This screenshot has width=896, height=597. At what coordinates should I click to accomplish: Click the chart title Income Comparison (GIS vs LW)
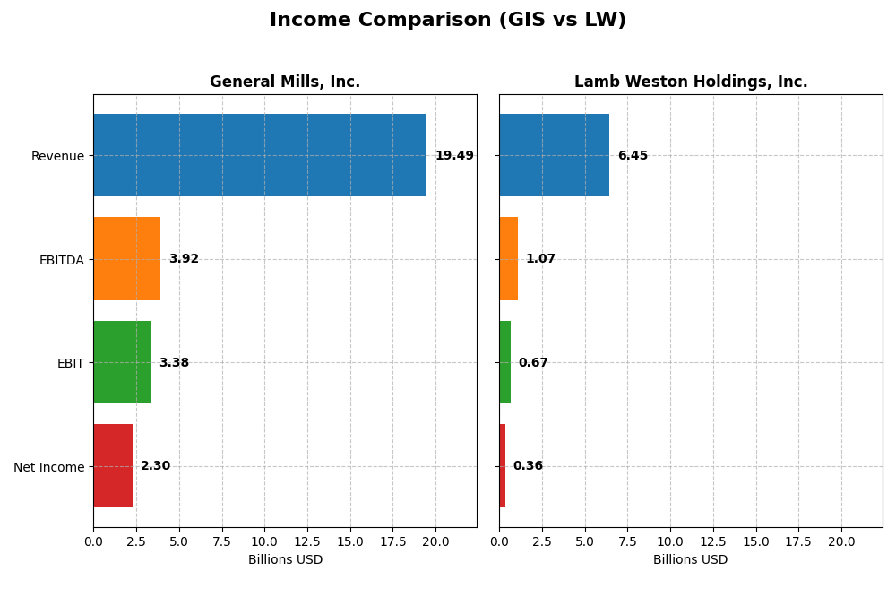coord(448,21)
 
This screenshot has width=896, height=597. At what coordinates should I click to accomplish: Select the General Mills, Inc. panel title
coord(285,82)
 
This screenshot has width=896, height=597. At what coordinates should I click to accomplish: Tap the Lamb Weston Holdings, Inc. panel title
coord(691,82)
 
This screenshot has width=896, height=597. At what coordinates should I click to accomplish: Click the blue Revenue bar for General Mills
coord(260,155)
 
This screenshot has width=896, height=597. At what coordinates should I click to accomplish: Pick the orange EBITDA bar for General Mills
coord(126,259)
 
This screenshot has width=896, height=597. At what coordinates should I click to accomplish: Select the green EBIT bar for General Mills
coord(122,362)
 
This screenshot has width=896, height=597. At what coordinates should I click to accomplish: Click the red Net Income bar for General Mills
coord(113,466)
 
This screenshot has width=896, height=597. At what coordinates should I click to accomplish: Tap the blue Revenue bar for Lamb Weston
coord(554,155)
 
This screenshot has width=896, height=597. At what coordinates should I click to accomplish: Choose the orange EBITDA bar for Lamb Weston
coord(508,259)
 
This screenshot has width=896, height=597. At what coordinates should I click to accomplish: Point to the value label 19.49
coord(454,156)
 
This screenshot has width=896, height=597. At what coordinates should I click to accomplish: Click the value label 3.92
coord(184,259)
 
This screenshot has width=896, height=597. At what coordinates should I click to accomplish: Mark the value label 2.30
coord(155,466)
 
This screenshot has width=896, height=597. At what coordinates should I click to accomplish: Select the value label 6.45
coord(633,156)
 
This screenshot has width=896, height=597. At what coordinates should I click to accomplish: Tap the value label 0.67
coord(533,363)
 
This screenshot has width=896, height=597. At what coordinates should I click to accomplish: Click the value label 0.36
coord(528,466)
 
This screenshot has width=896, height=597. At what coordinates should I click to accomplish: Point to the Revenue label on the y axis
coord(57,156)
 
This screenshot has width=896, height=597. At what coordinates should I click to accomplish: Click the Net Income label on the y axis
coord(49,467)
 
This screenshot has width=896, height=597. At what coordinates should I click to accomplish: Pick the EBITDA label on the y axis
coord(61,260)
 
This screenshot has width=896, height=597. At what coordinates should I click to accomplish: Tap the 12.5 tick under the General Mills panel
coord(307,541)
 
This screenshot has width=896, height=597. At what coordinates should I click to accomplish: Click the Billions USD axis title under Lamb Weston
coord(691,559)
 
